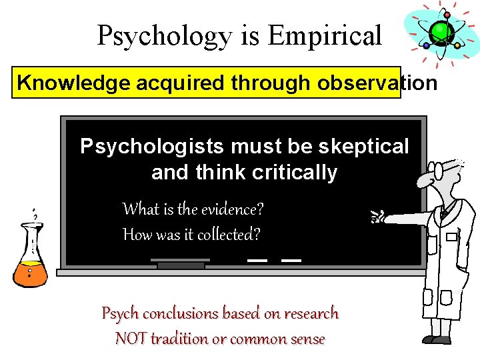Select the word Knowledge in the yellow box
pos(74,83)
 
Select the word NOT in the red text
pos(131,339)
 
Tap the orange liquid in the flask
pos(29,272)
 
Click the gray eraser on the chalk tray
pos(181,265)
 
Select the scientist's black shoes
pos(437,340)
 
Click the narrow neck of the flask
pos(31,233)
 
